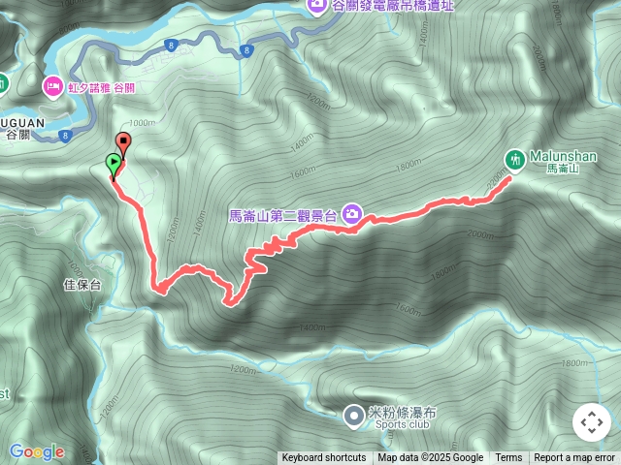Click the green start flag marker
114,163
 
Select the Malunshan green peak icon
516,157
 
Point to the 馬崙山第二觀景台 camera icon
351,214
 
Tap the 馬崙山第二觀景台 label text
283,216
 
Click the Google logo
37,451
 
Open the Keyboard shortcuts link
323,458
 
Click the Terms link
508,458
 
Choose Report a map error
574,458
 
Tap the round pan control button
591,422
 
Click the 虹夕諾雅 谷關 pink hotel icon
52,87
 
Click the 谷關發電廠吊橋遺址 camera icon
317,5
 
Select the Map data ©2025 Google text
431,458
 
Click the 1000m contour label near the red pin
142,123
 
